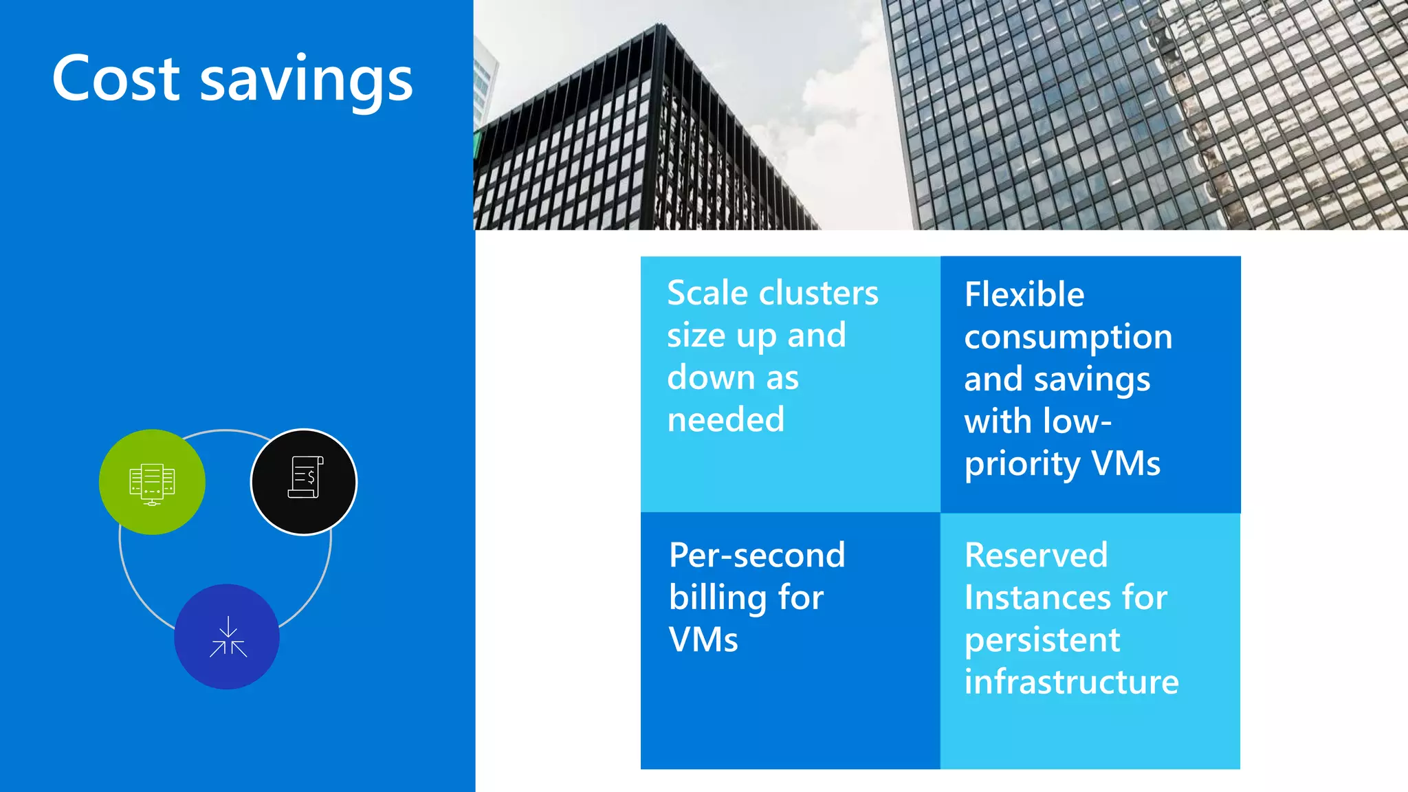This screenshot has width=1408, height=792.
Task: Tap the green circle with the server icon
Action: click(152, 482)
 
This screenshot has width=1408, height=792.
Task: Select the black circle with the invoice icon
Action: click(304, 482)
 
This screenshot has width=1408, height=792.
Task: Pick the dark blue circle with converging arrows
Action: click(227, 637)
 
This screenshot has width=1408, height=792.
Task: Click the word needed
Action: click(726, 419)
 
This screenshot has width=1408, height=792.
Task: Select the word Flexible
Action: click(1024, 295)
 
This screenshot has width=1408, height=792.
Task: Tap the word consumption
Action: click(1068, 338)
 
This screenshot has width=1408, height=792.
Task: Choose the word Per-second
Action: click(757, 555)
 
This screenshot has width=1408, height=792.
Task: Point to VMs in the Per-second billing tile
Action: click(703, 640)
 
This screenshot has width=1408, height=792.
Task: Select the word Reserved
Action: click(1036, 555)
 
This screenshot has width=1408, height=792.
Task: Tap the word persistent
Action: click(1042, 641)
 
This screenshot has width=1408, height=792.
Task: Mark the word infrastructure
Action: click(1071, 682)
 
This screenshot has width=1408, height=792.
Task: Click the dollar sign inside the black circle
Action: click(311, 476)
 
